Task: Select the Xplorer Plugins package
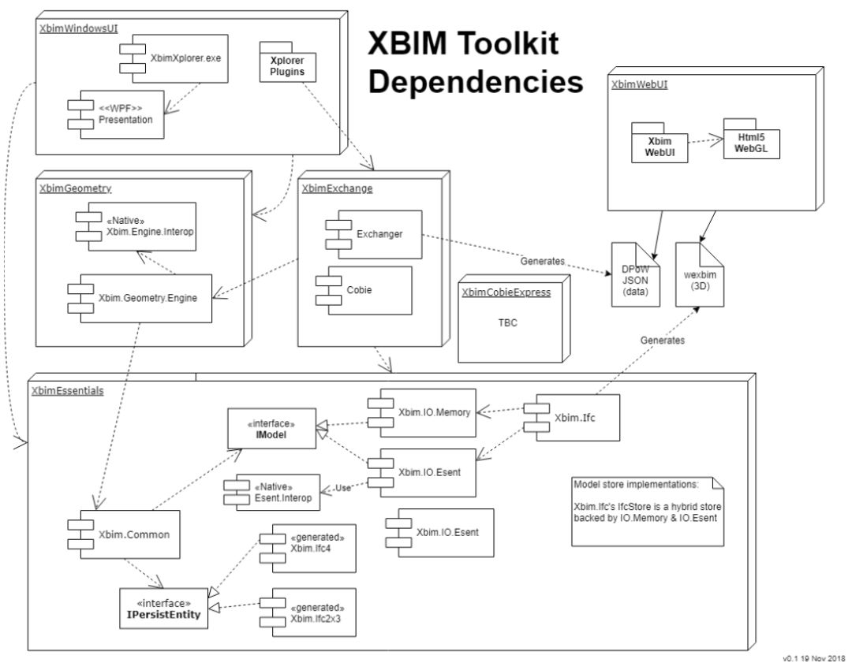287,62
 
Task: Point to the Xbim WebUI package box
659,143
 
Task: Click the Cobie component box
364,291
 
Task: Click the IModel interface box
271,429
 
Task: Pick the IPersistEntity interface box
163,609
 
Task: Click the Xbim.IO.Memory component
421,413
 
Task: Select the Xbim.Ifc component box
572,418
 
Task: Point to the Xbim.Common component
124,534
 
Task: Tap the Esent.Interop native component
271,493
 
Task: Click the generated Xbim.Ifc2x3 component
308,612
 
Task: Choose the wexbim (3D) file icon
700,275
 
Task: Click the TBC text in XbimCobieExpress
508,323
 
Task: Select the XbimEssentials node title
67,391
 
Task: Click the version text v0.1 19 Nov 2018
814,659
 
